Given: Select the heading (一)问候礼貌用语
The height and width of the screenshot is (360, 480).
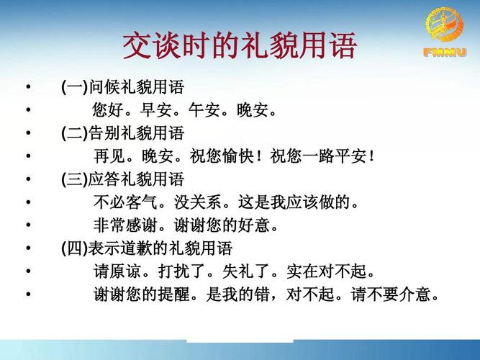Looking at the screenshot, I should (x=123, y=88).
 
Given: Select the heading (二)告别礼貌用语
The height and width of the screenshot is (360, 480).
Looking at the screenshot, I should (x=123, y=133).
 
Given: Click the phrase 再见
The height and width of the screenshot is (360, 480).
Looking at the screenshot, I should (x=109, y=156).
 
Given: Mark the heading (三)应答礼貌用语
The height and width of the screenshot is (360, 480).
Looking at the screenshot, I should (x=123, y=179).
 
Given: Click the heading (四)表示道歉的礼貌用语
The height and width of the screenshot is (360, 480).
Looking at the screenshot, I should (x=147, y=248).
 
